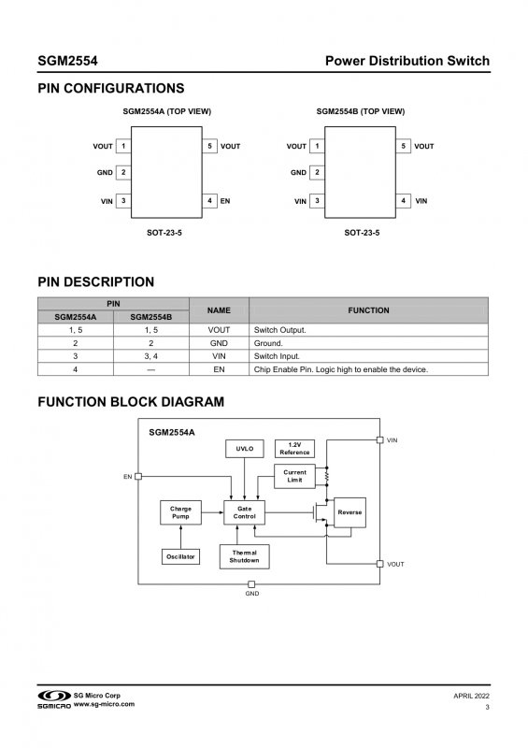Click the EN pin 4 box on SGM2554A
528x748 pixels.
[x=209, y=201]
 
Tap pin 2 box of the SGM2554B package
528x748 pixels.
[x=317, y=172]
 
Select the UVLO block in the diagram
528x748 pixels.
[x=245, y=449]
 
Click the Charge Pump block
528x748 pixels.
[x=180, y=512]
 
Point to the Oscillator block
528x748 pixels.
[x=180, y=556]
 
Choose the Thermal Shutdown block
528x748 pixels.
[x=245, y=556]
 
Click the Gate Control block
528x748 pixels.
[x=244, y=512]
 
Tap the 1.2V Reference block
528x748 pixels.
[x=294, y=449]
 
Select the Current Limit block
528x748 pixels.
[x=294, y=476]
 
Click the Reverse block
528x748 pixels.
[x=350, y=512]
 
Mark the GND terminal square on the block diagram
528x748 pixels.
[x=251, y=584]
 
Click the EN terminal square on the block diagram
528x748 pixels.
[x=138, y=476]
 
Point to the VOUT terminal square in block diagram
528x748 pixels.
[x=380, y=564]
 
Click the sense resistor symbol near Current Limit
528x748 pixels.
[x=327, y=476]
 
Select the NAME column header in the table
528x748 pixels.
[x=219, y=310]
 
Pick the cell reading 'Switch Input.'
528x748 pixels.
[x=277, y=356]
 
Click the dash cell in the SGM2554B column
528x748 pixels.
[x=151, y=369]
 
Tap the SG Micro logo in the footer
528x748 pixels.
[x=54, y=696]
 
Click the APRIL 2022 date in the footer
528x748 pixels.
[x=471, y=696]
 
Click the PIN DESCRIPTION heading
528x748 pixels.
[x=96, y=282]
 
